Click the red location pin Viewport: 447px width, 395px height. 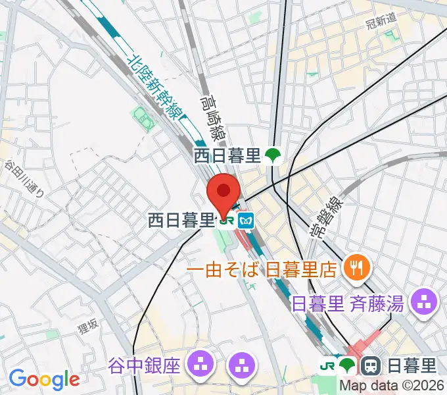click(x=223, y=192)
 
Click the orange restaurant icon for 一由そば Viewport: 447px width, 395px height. click(x=357, y=267)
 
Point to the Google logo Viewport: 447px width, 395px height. click(x=43, y=379)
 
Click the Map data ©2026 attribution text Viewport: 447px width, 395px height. click(x=392, y=386)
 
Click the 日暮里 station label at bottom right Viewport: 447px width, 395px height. click(x=412, y=364)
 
